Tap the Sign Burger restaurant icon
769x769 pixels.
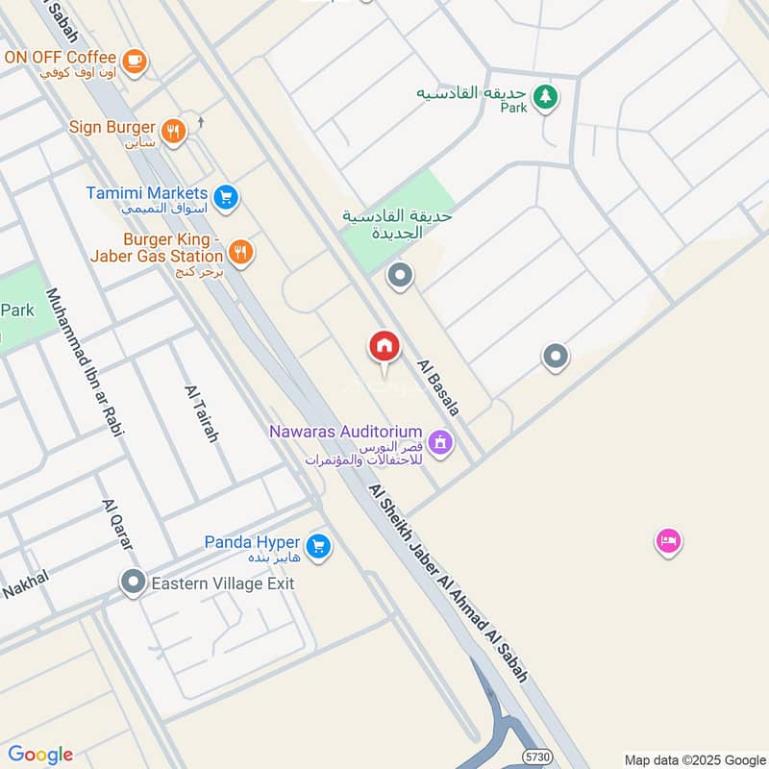(x=173, y=132)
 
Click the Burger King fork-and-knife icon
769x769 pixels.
(x=240, y=252)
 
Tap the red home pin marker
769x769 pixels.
(x=384, y=347)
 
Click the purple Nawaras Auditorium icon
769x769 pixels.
(x=441, y=442)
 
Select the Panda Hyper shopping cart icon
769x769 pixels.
(x=319, y=547)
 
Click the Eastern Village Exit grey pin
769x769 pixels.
(x=133, y=582)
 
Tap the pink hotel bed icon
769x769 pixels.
(x=668, y=541)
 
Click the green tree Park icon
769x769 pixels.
(x=545, y=96)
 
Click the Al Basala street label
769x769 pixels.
(x=437, y=387)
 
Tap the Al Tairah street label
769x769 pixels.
(x=202, y=413)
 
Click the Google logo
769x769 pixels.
(x=40, y=755)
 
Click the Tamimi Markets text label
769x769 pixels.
(x=147, y=192)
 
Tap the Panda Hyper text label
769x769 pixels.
(x=252, y=542)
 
